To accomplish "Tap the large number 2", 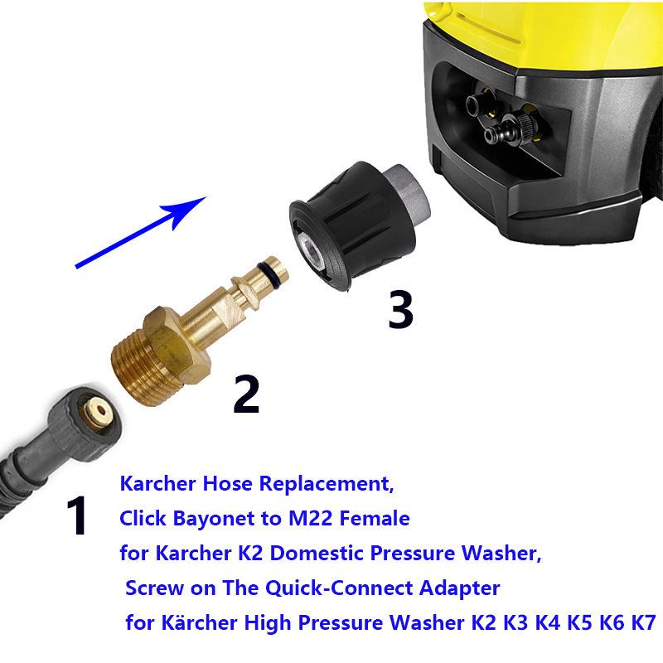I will coord(246,394).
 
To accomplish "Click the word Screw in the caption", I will coord(152,589).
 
